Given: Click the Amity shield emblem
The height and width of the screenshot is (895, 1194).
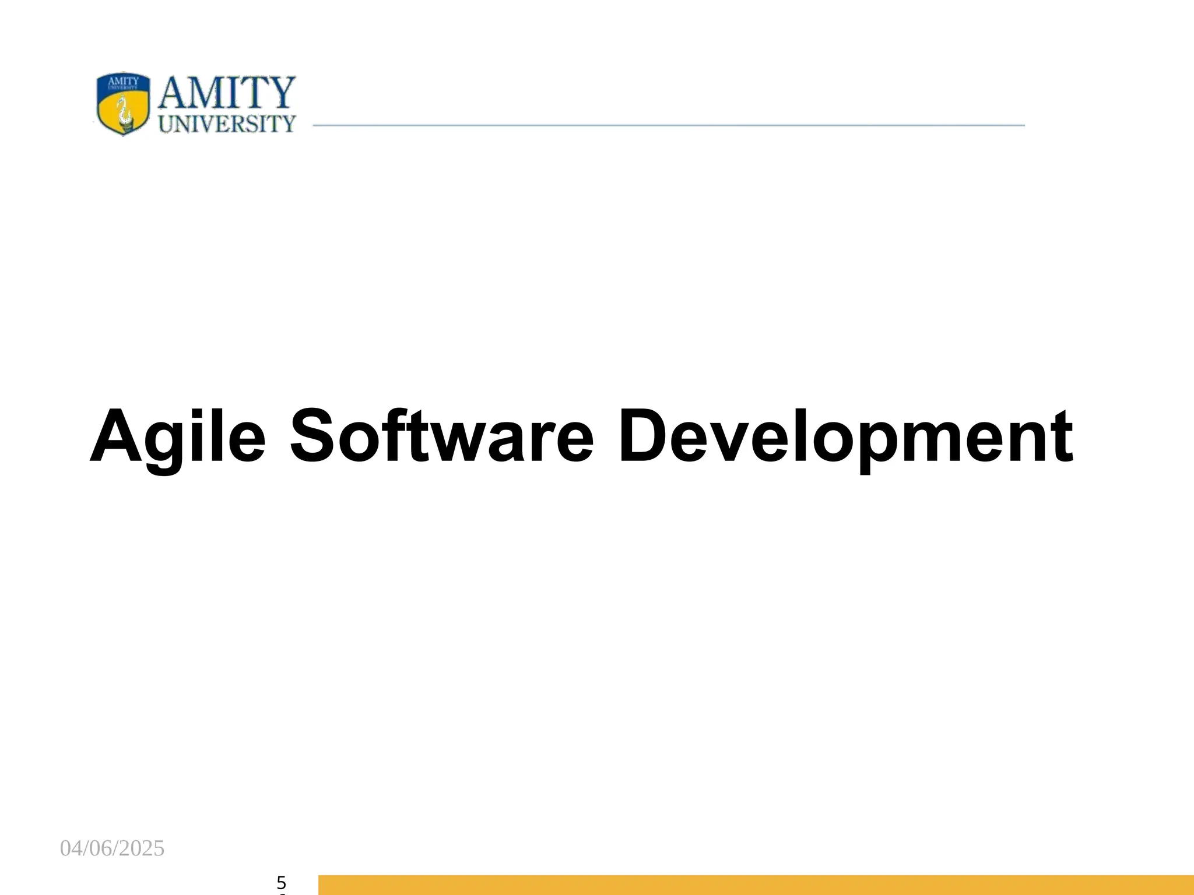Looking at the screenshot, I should (122, 104).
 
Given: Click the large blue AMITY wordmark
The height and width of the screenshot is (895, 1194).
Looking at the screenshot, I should (227, 93).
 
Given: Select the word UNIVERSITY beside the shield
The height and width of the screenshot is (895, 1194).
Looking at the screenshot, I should (227, 124).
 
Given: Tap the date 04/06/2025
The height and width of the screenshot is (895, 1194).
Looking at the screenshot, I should (113, 849).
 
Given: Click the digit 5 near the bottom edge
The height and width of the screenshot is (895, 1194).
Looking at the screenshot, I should (282, 882).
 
